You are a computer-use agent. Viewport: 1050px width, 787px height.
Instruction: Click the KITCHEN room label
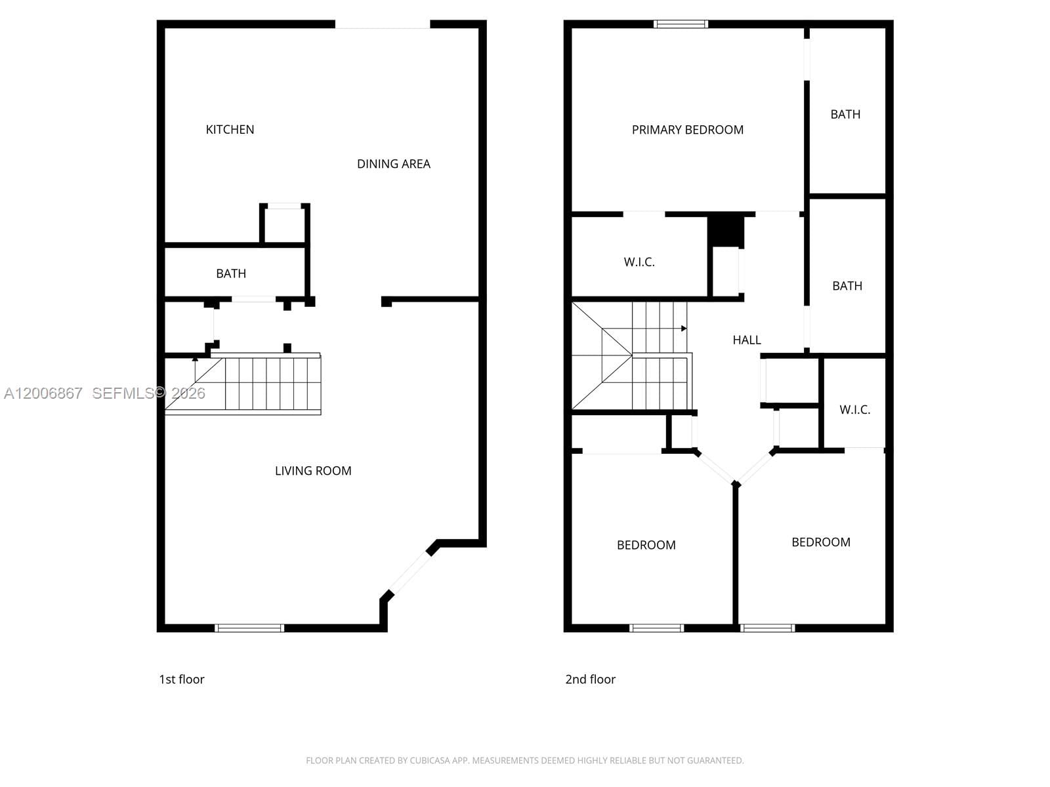coord(230,130)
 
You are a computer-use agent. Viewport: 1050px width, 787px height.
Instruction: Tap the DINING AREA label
coord(393,164)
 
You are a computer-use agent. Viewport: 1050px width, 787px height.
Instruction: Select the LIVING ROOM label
coord(313,471)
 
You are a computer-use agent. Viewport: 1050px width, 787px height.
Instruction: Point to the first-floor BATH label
coord(231,273)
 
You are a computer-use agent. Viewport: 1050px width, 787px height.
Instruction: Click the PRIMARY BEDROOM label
coord(687,130)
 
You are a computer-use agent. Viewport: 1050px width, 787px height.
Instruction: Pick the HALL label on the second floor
coord(747,340)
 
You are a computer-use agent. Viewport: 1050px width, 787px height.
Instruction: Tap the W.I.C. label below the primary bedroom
coord(639,262)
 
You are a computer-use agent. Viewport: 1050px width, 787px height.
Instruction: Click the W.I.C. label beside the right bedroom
coord(854,410)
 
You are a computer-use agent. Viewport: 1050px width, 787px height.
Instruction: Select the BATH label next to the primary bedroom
coord(845,114)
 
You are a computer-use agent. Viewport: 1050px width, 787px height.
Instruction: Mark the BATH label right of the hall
coord(847,286)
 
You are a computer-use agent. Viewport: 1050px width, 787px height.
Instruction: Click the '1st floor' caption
coord(182,679)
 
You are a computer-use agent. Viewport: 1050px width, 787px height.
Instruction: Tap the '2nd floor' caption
coord(590,679)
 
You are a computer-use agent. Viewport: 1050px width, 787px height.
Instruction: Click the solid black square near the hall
coord(725,230)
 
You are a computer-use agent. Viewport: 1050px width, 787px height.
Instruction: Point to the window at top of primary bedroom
coord(681,24)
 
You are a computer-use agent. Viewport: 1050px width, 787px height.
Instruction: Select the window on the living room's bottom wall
coord(249,628)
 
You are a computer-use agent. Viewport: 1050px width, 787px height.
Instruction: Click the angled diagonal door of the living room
coord(409,573)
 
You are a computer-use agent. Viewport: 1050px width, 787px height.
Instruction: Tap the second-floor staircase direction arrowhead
coord(684,328)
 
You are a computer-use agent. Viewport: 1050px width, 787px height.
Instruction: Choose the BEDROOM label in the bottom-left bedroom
coord(646,545)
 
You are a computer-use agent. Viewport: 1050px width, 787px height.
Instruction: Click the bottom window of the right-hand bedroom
coord(767,628)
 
